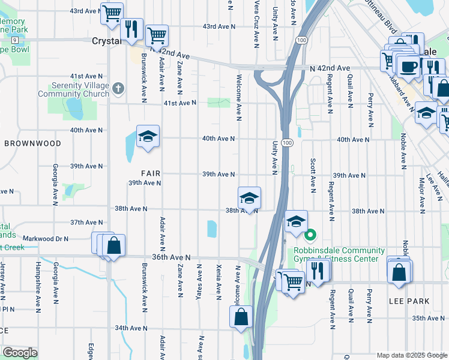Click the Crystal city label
[x=106, y=41]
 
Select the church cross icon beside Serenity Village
[x=118, y=89]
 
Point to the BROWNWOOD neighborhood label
[x=32, y=143]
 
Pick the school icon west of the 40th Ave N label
[x=147, y=136]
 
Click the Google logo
[x=20, y=353]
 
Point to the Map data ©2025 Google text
[x=411, y=355]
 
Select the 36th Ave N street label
[x=170, y=257]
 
